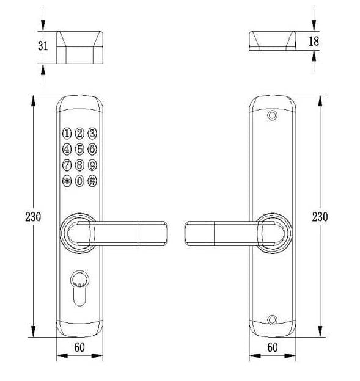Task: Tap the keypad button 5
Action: (79, 148)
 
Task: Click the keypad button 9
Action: (92, 165)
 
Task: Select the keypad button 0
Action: (79, 181)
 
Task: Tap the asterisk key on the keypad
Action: (67, 181)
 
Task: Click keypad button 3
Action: (92, 132)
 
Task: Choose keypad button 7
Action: (67, 165)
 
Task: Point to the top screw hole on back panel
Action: (272, 115)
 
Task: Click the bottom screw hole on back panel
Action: (272, 319)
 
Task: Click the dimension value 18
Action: (314, 41)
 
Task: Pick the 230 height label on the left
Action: (32, 216)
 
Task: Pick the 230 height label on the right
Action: (320, 216)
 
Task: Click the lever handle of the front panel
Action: (128, 233)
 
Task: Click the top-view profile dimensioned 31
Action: (79, 48)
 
